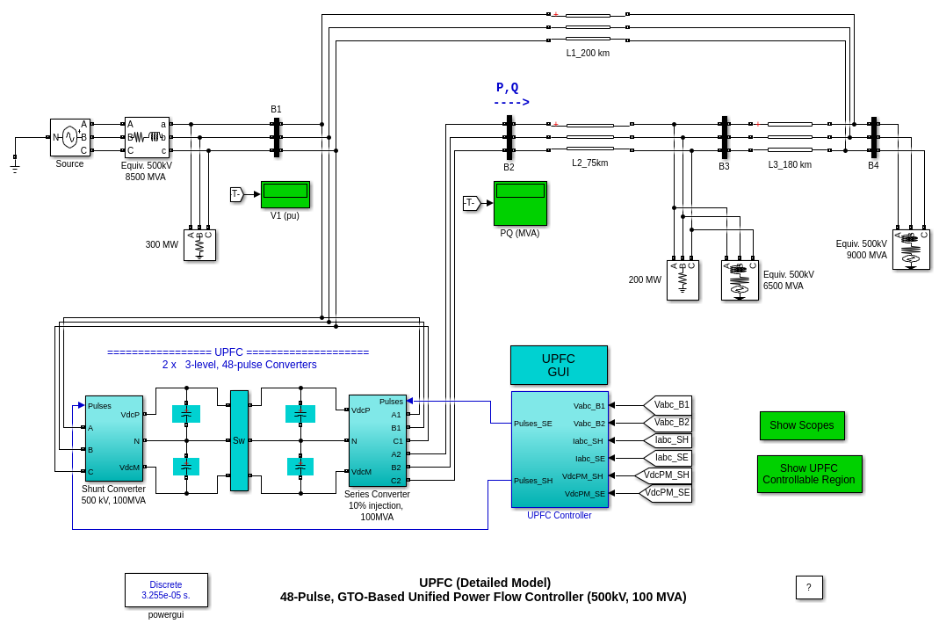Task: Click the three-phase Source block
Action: [x=70, y=137]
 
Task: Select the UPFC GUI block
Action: [x=559, y=365]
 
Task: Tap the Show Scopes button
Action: [x=802, y=425]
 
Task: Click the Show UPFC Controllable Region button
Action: [x=809, y=474]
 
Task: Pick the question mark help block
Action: [x=809, y=587]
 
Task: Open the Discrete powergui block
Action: [x=166, y=590]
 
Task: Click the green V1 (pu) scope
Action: [x=285, y=194]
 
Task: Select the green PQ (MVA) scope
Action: [x=520, y=203]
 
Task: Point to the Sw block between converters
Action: [x=239, y=440]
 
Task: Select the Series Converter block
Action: [x=377, y=440]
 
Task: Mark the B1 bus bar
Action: [x=277, y=137]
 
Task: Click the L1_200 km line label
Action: [x=588, y=53]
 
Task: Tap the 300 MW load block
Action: [x=199, y=245]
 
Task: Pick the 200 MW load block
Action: [x=683, y=280]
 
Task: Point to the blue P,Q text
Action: [x=508, y=87]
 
